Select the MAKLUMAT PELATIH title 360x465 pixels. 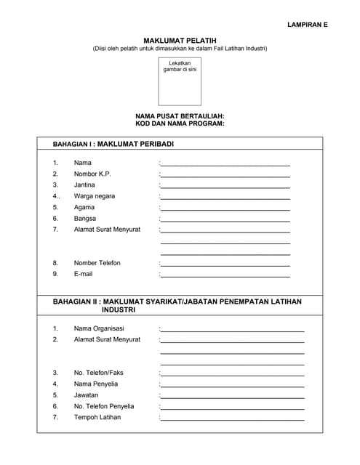pyautogui.click(x=180, y=40)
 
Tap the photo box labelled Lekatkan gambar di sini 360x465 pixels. pyautogui.click(x=180, y=82)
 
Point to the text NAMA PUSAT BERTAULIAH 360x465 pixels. pyautogui.click(x=180, y=116)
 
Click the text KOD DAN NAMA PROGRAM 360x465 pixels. pyautogui.click(x=180, y=124)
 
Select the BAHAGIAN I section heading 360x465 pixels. pyautogui.click(x=113, y=144)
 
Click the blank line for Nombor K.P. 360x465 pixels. pyautogui.click(x=225, y=176)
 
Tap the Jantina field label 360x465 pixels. pyautogui.click(x=84, y=185)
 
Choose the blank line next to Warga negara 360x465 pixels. pyautogui.click(x=225, y=198)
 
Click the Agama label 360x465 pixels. pyautogui.click(x=84, y=207)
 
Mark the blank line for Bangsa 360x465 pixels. pyautogui.click(x=225, y=219)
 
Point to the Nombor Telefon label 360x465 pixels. pyautogui.click(x=97, y=262)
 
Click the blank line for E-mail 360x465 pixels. pyautogui.click(x=225, y=275)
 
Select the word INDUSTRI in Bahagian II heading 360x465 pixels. pyautogui.click(x=119, y=310)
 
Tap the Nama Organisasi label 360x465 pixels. pyautogui.click(x=99, y=328)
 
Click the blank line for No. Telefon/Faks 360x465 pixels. pyautogui.click(x=232, y=375)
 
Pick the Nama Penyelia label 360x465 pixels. pyautogui.click(x=95, y=384)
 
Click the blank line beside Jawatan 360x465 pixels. pyautogui.click(x=232, y=397)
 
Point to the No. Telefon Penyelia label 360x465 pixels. pyautogui.click(x=104, y=406)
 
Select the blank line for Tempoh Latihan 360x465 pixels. pyautogui.click(x=232, y=419)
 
